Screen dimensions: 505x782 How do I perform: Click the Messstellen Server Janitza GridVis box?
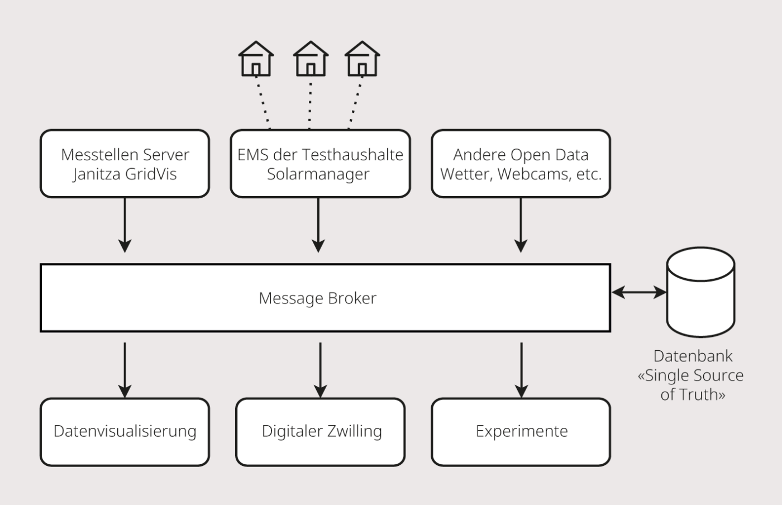125,164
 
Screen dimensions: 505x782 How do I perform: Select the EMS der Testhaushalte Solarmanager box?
320,164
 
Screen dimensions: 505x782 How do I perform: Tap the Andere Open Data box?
521,164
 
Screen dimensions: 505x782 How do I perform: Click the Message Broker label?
317,298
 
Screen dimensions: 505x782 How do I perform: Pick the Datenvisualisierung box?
125,432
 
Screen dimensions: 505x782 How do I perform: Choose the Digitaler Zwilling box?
320,432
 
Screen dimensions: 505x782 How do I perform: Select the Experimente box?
521,432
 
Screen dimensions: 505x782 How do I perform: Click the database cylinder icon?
700,292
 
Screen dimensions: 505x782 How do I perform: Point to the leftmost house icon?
256,59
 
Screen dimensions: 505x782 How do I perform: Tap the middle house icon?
311,59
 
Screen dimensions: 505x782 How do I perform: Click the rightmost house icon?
362,59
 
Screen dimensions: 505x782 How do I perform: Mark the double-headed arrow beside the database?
639,292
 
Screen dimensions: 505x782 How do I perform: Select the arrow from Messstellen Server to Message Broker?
125,225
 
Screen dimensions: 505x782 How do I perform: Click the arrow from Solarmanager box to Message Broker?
318,225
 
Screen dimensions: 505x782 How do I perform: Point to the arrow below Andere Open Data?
521,225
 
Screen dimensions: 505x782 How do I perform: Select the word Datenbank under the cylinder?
693,356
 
